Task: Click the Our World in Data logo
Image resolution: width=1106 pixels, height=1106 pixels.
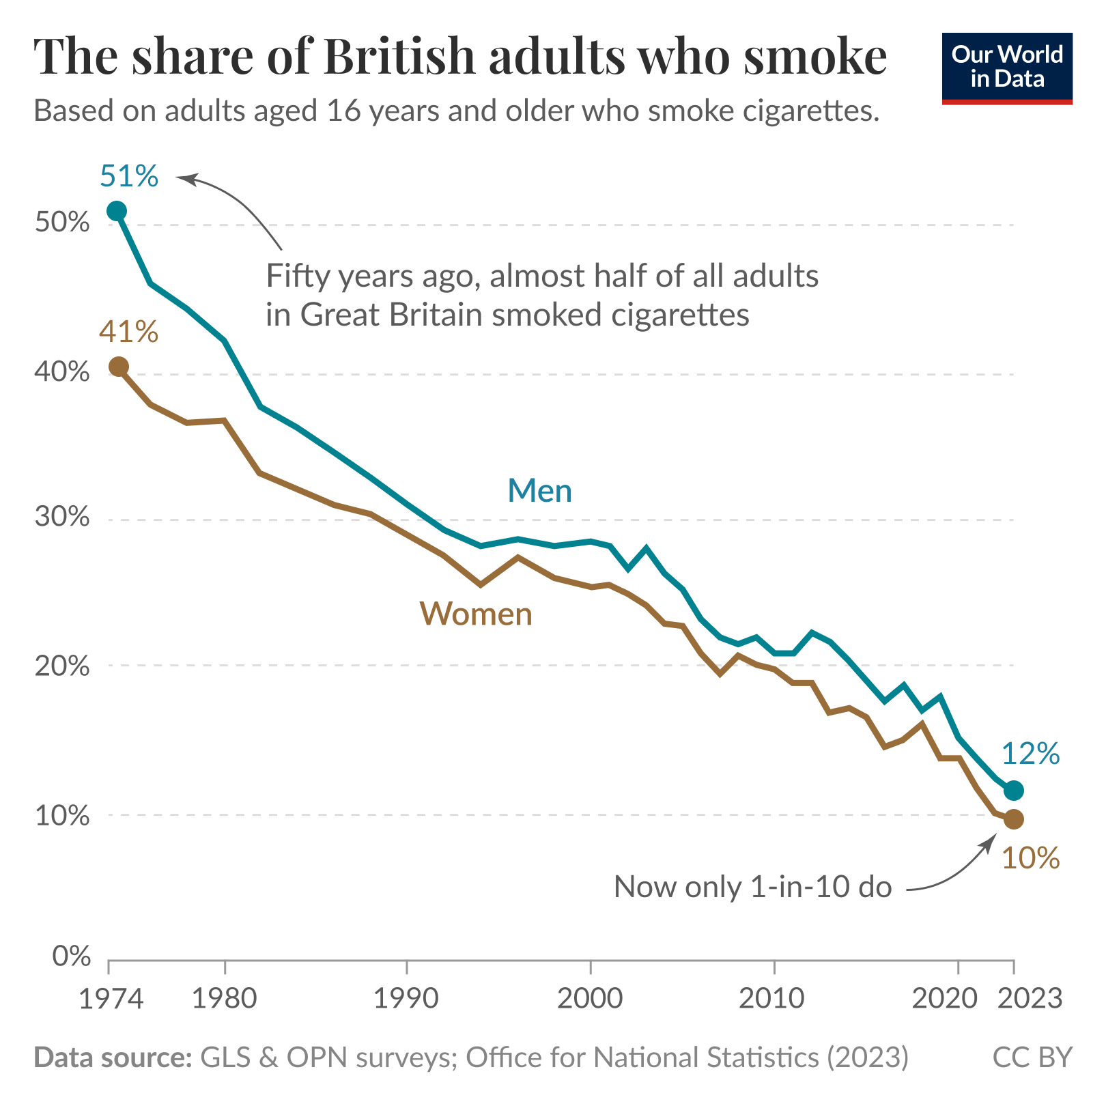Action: coord(1007,68)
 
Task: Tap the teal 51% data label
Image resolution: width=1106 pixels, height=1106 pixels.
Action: coord(129,176)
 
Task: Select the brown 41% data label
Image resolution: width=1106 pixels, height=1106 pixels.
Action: coord(128,332)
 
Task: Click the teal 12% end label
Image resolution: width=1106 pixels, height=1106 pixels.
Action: coord(1030,754)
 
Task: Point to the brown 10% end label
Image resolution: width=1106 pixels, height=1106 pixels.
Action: coord(1030,858)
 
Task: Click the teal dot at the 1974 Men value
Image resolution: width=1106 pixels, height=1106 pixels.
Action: coord(117,211)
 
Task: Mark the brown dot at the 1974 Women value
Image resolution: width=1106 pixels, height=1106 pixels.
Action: coord(118,367)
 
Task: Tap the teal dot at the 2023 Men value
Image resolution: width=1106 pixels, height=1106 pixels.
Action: coord(1014,791)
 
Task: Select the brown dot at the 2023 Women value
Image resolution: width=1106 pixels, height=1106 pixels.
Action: coord(1014,819)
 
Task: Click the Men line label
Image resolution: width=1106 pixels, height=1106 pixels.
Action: coord(539,491)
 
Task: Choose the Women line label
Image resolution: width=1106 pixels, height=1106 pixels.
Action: coord(476,614)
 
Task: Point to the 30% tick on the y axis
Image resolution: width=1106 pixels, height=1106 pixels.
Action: coord(62,517)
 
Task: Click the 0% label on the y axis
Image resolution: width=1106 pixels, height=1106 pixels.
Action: coord(71,956)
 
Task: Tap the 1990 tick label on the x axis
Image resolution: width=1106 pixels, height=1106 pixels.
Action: coord(406,999)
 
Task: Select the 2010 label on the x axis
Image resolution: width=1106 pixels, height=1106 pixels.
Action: coord(773,999)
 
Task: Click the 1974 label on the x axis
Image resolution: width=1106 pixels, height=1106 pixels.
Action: coord(111,999)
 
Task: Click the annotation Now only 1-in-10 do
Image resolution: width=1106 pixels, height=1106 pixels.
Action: coord(753,887)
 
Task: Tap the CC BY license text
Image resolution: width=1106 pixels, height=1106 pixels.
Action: coord(1032,1058)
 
